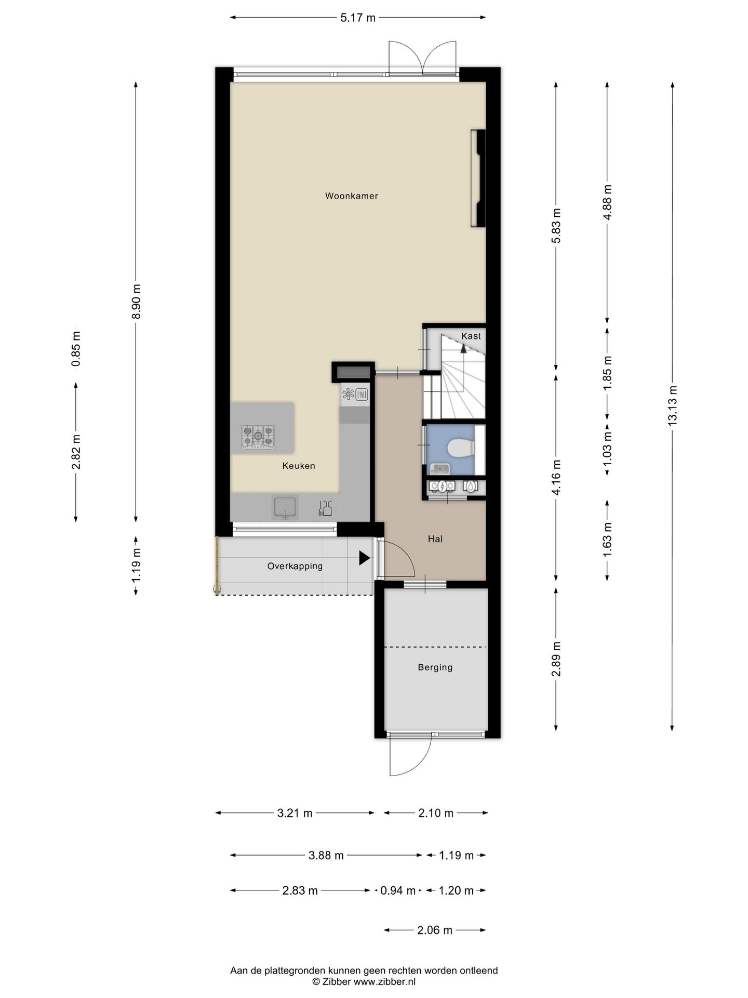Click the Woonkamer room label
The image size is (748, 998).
click(x=351, y=196)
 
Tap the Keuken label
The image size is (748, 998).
click(x=299, y=466)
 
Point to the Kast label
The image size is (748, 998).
click(x=471, y=336)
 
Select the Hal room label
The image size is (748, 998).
click(x=435, y=539)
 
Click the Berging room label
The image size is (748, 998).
click(x=435, y=667)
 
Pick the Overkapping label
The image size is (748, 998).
click(x=295, y=566)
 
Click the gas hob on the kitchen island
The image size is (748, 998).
click(x=258, y=436)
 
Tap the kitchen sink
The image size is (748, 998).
click(x=285, y=508)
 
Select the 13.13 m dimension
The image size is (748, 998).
click(x=673, y=405)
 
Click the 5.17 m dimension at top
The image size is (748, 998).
click(x=358, y=18)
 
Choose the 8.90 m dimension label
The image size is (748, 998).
click(x=136, y=301)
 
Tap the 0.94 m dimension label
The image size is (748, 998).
click(x=398, y=890)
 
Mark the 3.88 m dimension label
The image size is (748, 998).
click(x=326, y=855)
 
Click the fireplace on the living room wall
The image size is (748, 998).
click(x=478, y=178)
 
